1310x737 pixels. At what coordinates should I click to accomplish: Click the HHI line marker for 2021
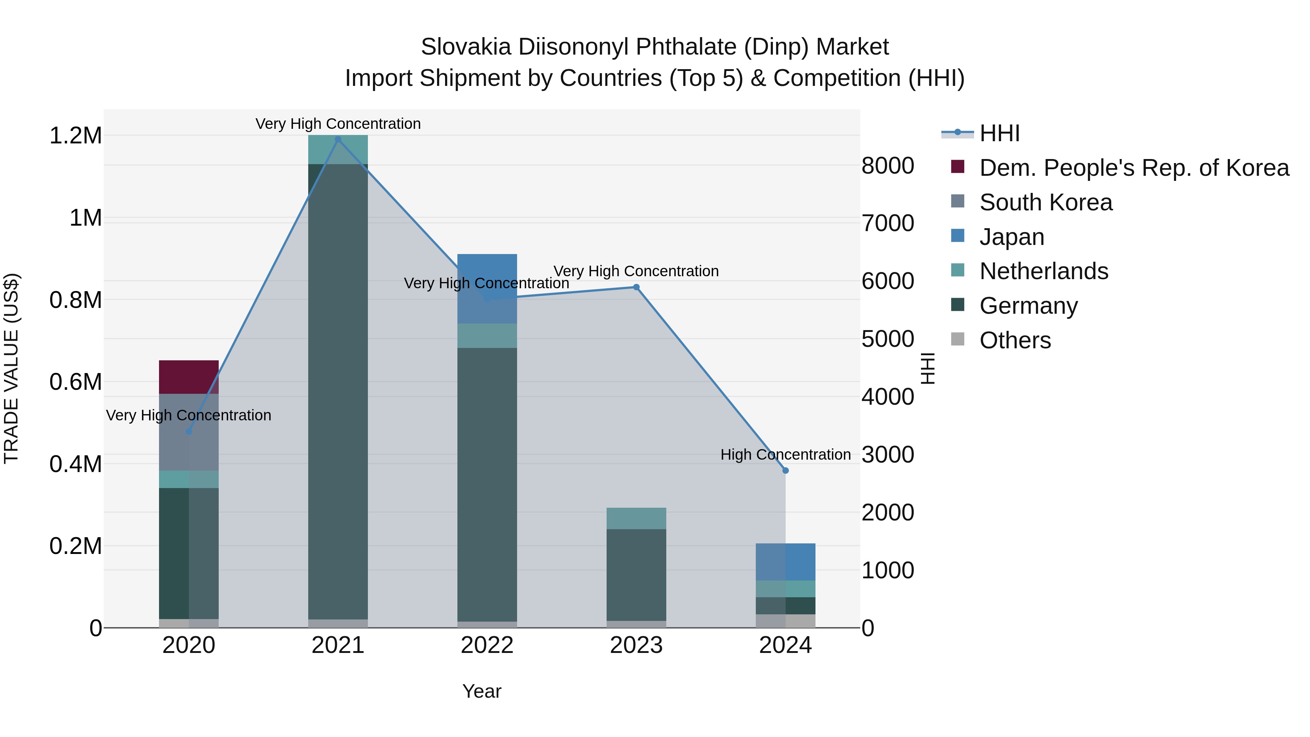(338, 139)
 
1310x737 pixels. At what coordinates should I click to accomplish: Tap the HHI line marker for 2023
(636, 288)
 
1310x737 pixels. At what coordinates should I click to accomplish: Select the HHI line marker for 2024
(785, 471)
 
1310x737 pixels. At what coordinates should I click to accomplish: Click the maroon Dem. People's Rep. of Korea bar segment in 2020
(188, 377)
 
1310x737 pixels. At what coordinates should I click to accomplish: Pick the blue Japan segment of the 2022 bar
(487, 288)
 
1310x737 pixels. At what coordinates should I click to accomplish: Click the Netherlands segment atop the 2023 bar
(636, 518)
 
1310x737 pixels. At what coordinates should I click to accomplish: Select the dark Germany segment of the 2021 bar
(338, 392)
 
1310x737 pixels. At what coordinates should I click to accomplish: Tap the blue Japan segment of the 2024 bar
(785, 562)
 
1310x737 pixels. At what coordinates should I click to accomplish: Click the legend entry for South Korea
(1045, 202)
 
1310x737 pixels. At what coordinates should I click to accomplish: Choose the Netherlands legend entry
(1044, 271)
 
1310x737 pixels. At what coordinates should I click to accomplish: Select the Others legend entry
(1015, 340)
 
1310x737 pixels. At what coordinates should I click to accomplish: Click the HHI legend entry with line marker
(999, 133)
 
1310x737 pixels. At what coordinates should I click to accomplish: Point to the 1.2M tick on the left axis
(75, 136)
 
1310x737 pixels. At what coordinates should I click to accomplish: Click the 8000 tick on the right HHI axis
(888, 166)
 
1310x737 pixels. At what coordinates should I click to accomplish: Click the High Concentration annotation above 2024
(785, 455)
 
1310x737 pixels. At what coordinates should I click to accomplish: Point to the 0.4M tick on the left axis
(75, 464)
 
